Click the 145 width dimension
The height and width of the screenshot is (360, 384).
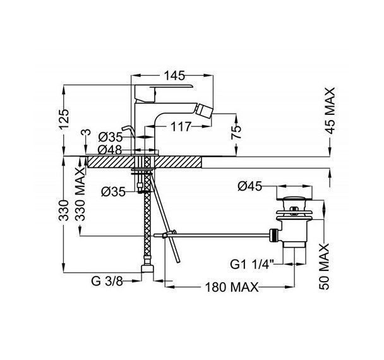174,76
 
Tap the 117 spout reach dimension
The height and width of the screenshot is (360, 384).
181,126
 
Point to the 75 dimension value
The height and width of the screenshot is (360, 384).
236,132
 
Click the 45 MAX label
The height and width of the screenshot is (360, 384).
330,111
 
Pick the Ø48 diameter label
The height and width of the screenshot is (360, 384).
110,150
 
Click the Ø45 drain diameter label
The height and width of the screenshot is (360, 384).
249,186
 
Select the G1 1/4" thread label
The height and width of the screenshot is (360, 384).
252,265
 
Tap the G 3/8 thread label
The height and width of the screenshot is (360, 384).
107,281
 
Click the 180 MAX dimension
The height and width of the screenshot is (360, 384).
232,287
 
